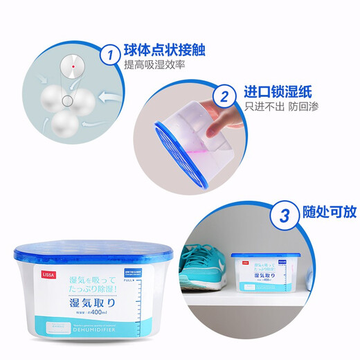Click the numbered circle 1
pyautogui.click(x=107, y=53)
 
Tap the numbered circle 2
pyautogui.click(x=224, y=96)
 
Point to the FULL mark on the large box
pyautogui.click(x=127, y=282)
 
